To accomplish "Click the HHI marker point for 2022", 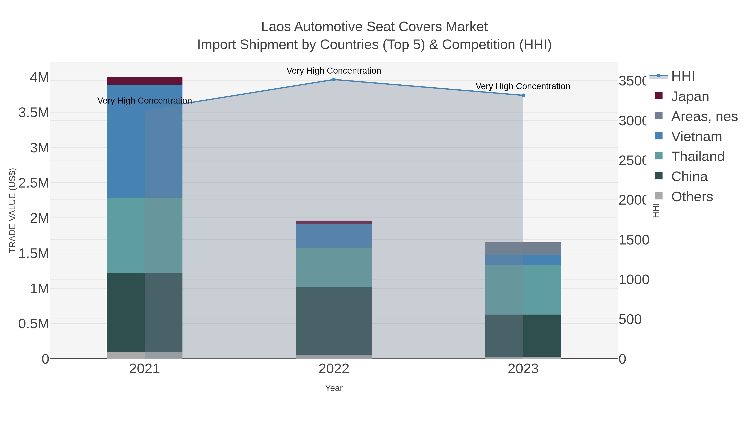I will pyautogui.click(x=334, y=80).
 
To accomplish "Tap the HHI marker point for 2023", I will pyautogui.click(x=523, y=95).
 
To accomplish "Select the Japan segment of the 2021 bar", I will pyautogui.click(x=145, y=81).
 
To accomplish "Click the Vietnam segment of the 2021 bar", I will pyautogui.click(x=145, y=141).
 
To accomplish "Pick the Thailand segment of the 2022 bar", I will pyautogui.click(x=334, y=267).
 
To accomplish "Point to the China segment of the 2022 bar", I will pyautogui.click(x=334, y=321).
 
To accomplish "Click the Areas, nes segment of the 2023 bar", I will pyautogui.click(x=523, y=249).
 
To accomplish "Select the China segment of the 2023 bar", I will pyautogui.click(x=523, y=336).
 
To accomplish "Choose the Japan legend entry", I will pyautogui.click(x=690, y=96).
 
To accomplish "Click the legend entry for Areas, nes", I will pyautogui.click(x=704, y=116).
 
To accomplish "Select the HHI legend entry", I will pyautogui.click(x=683, y=77).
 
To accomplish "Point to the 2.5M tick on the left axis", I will pyautogui.click(x=34, y=183).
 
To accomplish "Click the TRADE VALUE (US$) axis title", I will pyautogui.click(x=12, y=210).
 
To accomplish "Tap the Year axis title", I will pyautogui.click(x=334, y=388).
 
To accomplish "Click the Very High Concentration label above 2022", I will pyautogui.click(x=334, y=71).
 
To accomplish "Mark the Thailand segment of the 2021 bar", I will pyautogui.click(x=145, y=235).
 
